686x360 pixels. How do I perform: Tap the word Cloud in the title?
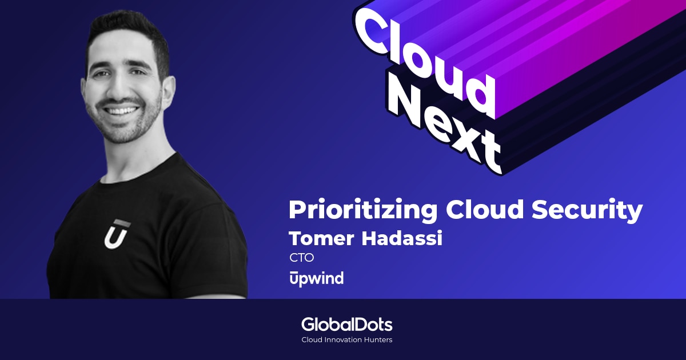click(484, 210)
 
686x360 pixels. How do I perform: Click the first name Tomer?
click(320, 238)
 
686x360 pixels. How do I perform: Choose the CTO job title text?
click(302, 258)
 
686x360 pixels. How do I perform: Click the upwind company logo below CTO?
click(316, 278)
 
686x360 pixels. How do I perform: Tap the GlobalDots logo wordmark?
click(346, 325)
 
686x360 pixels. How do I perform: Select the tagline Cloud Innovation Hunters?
click(346, 340)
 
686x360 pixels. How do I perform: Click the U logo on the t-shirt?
click(117, 234)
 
